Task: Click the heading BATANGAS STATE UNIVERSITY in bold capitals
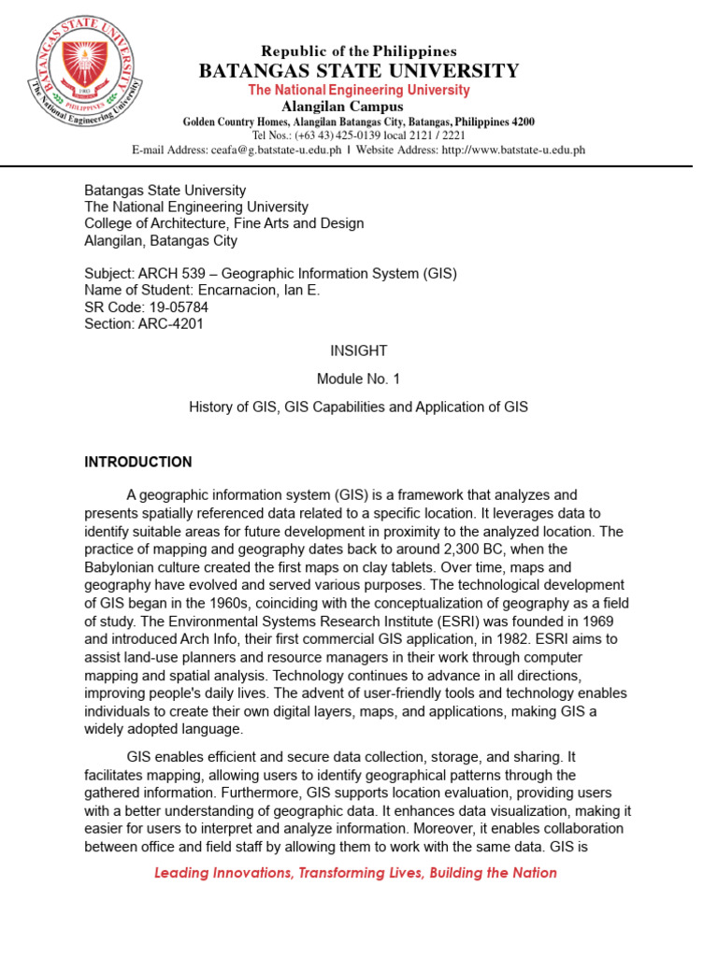[359, 71]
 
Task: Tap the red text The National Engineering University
[359, 91]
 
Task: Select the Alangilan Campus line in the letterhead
[358, 107]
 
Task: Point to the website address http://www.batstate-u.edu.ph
[513, 150]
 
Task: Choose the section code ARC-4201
[170, 324]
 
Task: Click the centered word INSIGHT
[358, 350]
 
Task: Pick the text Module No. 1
[358, 379]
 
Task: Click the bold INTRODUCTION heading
[138, 462]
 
